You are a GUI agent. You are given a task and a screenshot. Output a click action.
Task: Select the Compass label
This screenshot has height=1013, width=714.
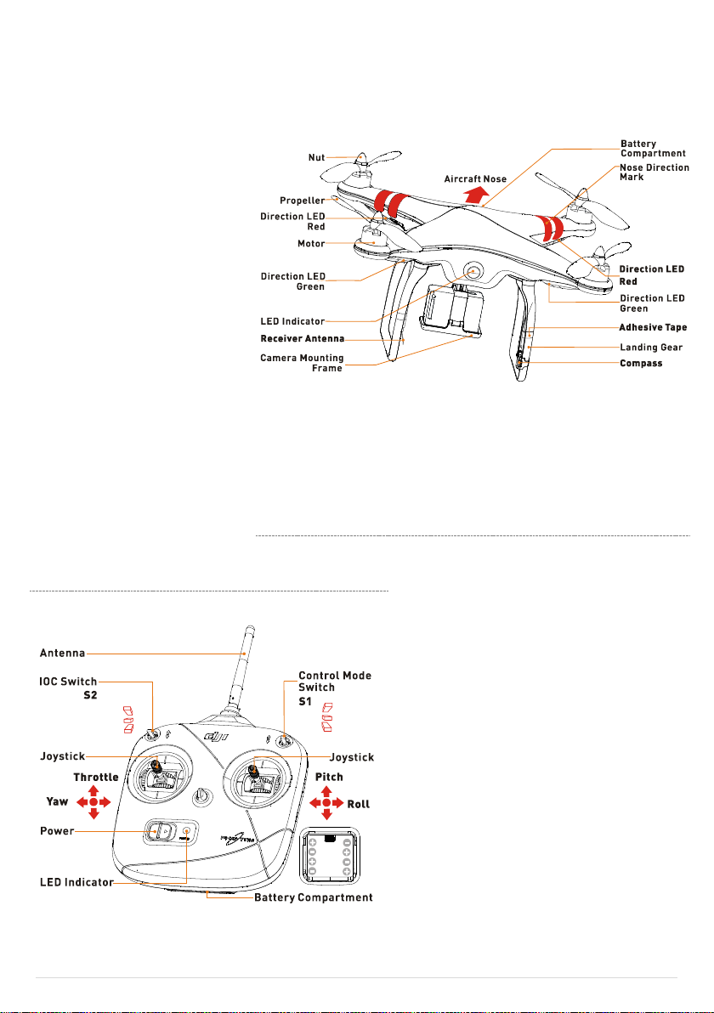click(x=642, y=364)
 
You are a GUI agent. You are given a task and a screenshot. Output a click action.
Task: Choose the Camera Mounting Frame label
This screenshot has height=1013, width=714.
click(x=302, y=364)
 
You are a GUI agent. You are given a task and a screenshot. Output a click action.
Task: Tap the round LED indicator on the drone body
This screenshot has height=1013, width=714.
click(x=473, y=272)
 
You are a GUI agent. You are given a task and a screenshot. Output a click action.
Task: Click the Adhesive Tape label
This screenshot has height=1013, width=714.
click(x=653, y=326)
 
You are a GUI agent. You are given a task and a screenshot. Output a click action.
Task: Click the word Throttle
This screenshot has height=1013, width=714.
click(x=96, y=778)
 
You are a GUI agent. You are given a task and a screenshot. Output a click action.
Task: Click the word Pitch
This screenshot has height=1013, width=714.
click(x=329, y=778)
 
